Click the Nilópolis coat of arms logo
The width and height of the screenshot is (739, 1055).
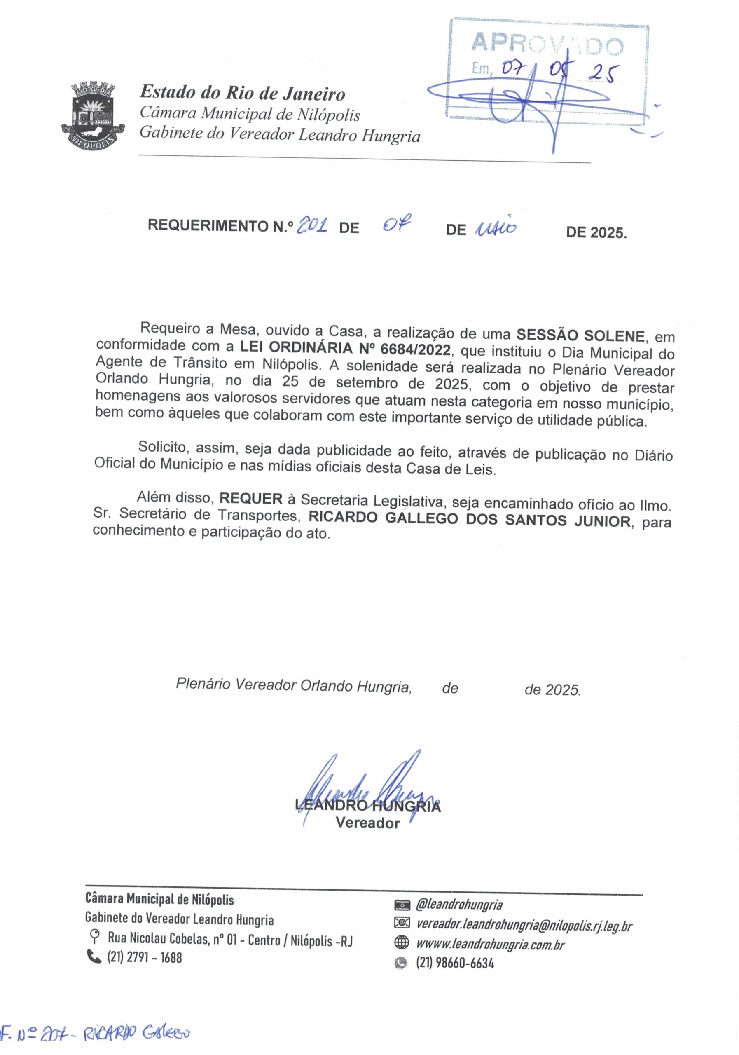pos(94,114)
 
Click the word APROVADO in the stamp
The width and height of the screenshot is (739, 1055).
pos(547,45)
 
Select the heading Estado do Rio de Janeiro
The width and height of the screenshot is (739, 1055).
pos(243,93)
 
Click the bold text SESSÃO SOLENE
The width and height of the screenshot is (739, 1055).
pos(580,335)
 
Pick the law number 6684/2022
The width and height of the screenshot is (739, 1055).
pos(415,350)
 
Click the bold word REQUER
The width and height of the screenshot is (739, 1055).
pos(251,499)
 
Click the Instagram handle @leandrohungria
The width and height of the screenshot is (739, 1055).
pos(459,905)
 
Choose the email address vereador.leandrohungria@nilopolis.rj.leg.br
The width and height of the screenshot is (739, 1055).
pos(524,926)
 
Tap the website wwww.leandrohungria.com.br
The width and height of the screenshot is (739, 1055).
pos(490,944)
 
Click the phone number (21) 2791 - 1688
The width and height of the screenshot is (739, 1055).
pos(144,958)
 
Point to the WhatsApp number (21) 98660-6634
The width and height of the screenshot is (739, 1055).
pos(455,963)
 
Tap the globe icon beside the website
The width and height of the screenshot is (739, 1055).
pos(401,943)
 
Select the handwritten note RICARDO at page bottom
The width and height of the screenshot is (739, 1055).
pos(110,1034)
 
